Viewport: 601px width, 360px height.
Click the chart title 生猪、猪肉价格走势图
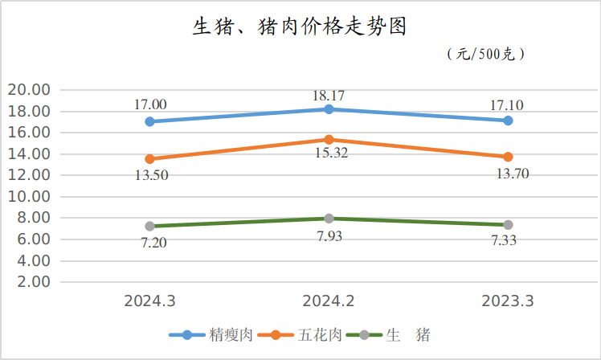pyautogui.click(x=300, y=27)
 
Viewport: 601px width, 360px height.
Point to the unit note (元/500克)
pyautogui.click(x=484, y=55)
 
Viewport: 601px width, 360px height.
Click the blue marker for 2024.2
pyautogui.click(x=329, y=109)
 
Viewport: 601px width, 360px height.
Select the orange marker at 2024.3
pyautogui.click(x=149, y=159)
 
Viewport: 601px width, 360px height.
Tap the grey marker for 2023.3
pyautogui.click(x=508, y=225)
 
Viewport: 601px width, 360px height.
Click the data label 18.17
pyautogui.click(x=329, y=96)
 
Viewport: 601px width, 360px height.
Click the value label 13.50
pyautogui.click(x=150, y=174)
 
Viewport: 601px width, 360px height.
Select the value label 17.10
pyautogui.click(x=508, y=105)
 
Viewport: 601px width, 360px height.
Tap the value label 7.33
pyautogui.click(x=508, y=239)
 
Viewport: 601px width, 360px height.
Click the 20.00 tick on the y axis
pyautogui.click(x=28, y=89)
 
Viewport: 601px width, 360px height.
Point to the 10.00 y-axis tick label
pyautogui.click(x=28, y=196)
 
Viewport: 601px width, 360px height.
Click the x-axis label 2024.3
pyautogui.click(x=149, y=301)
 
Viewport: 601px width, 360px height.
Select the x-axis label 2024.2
pyautogui.click(x=329, y=301)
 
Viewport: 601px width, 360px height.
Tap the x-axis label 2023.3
pyautogui.click(x=508, y=301)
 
